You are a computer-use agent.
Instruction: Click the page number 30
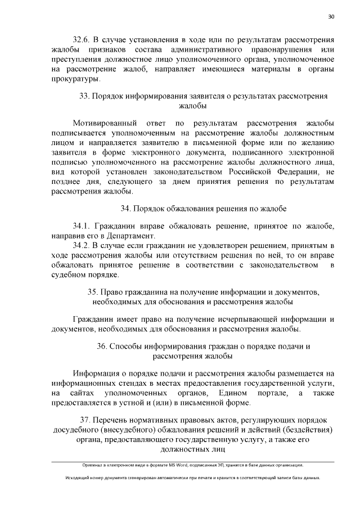331,16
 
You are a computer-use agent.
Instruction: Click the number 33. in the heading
85,96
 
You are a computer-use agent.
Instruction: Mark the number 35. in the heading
93,292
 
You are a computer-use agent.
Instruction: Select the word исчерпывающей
244,319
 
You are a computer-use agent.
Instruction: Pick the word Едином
235,393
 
